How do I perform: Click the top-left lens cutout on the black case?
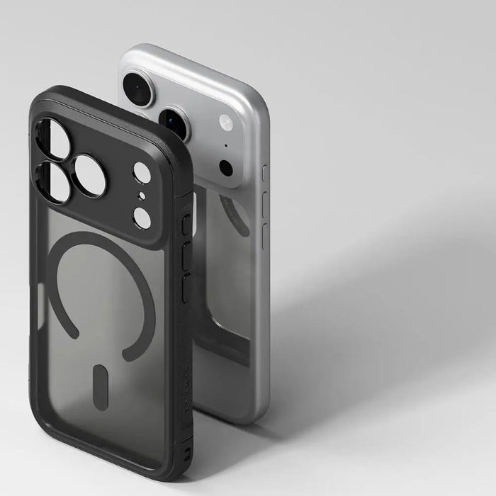pyautogui.click(x=53, y=138)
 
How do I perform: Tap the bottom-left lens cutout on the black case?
pyautogui.click(x=52, y=181)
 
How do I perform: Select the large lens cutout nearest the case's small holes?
pyautogui.click(x=89, y=175)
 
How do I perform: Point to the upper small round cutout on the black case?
pyautogui.click(x=142, y=173)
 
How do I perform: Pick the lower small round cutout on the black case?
pyautogui.click(x=142, y=218)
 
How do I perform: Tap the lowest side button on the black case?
pyautogui.click(x=187, y=289)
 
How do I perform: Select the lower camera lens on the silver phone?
pyautogui.click(x=174, y=123)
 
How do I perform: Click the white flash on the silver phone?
pyautogui.click(x=226, y=122)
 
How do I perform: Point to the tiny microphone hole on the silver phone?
pyautogui.click(x=226, y=146)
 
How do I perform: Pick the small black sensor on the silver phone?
pyautogui.click(x=226, y=168)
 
